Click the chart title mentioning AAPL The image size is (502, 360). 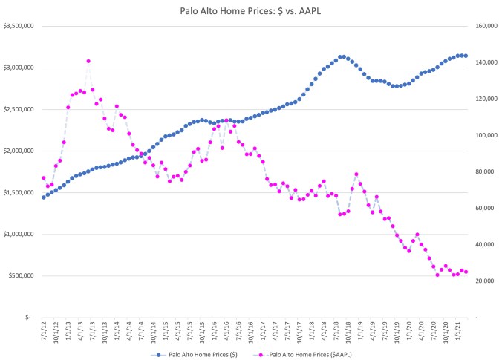(251, 11)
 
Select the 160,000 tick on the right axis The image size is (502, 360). (483, 26)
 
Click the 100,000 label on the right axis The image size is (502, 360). (483, 135)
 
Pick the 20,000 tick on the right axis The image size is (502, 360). (485, 281)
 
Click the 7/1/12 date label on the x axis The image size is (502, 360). (45, 332)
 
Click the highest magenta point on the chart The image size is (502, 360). (88, 61)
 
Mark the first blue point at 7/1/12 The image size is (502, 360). (44, 197)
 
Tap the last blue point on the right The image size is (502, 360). (466, 56)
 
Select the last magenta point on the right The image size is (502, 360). (466, 272)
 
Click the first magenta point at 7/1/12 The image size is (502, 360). (44, 178)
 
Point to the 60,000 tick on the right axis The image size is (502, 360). (485, 208)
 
